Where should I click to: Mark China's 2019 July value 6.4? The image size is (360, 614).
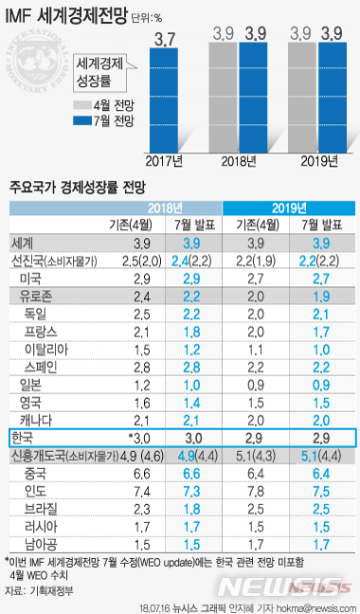point(321,472)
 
